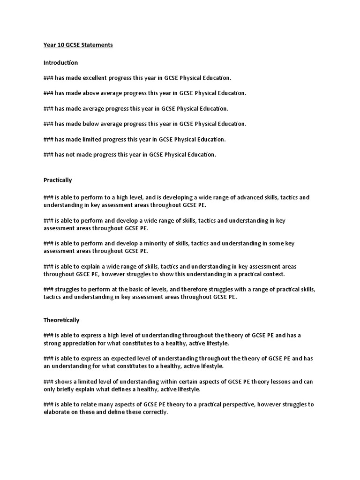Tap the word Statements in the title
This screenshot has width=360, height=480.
pos(97,45)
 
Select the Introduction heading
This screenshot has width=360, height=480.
pos(60,62)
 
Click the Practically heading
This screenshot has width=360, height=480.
pos(58,180)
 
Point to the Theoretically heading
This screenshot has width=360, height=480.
pos(61,320)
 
